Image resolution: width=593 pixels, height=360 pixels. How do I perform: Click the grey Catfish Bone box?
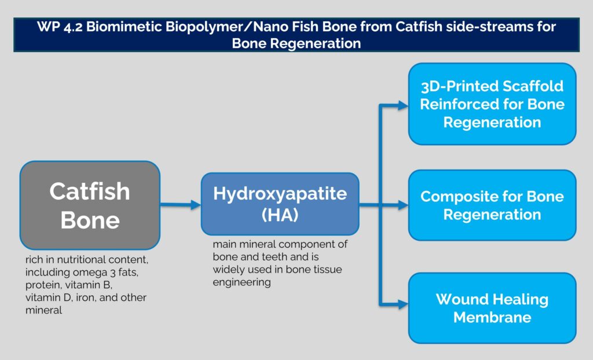90,205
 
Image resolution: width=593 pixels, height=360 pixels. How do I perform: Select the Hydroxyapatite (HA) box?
280,204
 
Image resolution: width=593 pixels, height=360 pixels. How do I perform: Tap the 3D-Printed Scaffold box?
492,104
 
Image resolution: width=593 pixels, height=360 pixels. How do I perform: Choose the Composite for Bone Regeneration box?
492,205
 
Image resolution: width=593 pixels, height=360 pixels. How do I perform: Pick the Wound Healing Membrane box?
492,308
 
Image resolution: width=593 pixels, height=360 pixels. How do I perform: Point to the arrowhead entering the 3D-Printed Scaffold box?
403,105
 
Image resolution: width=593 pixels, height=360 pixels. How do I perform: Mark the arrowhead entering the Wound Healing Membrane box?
403,303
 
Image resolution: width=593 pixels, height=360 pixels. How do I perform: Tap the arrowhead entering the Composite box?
403,204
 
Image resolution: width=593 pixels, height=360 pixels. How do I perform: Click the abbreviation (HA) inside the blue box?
280,215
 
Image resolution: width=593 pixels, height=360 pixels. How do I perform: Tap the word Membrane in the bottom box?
492,317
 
